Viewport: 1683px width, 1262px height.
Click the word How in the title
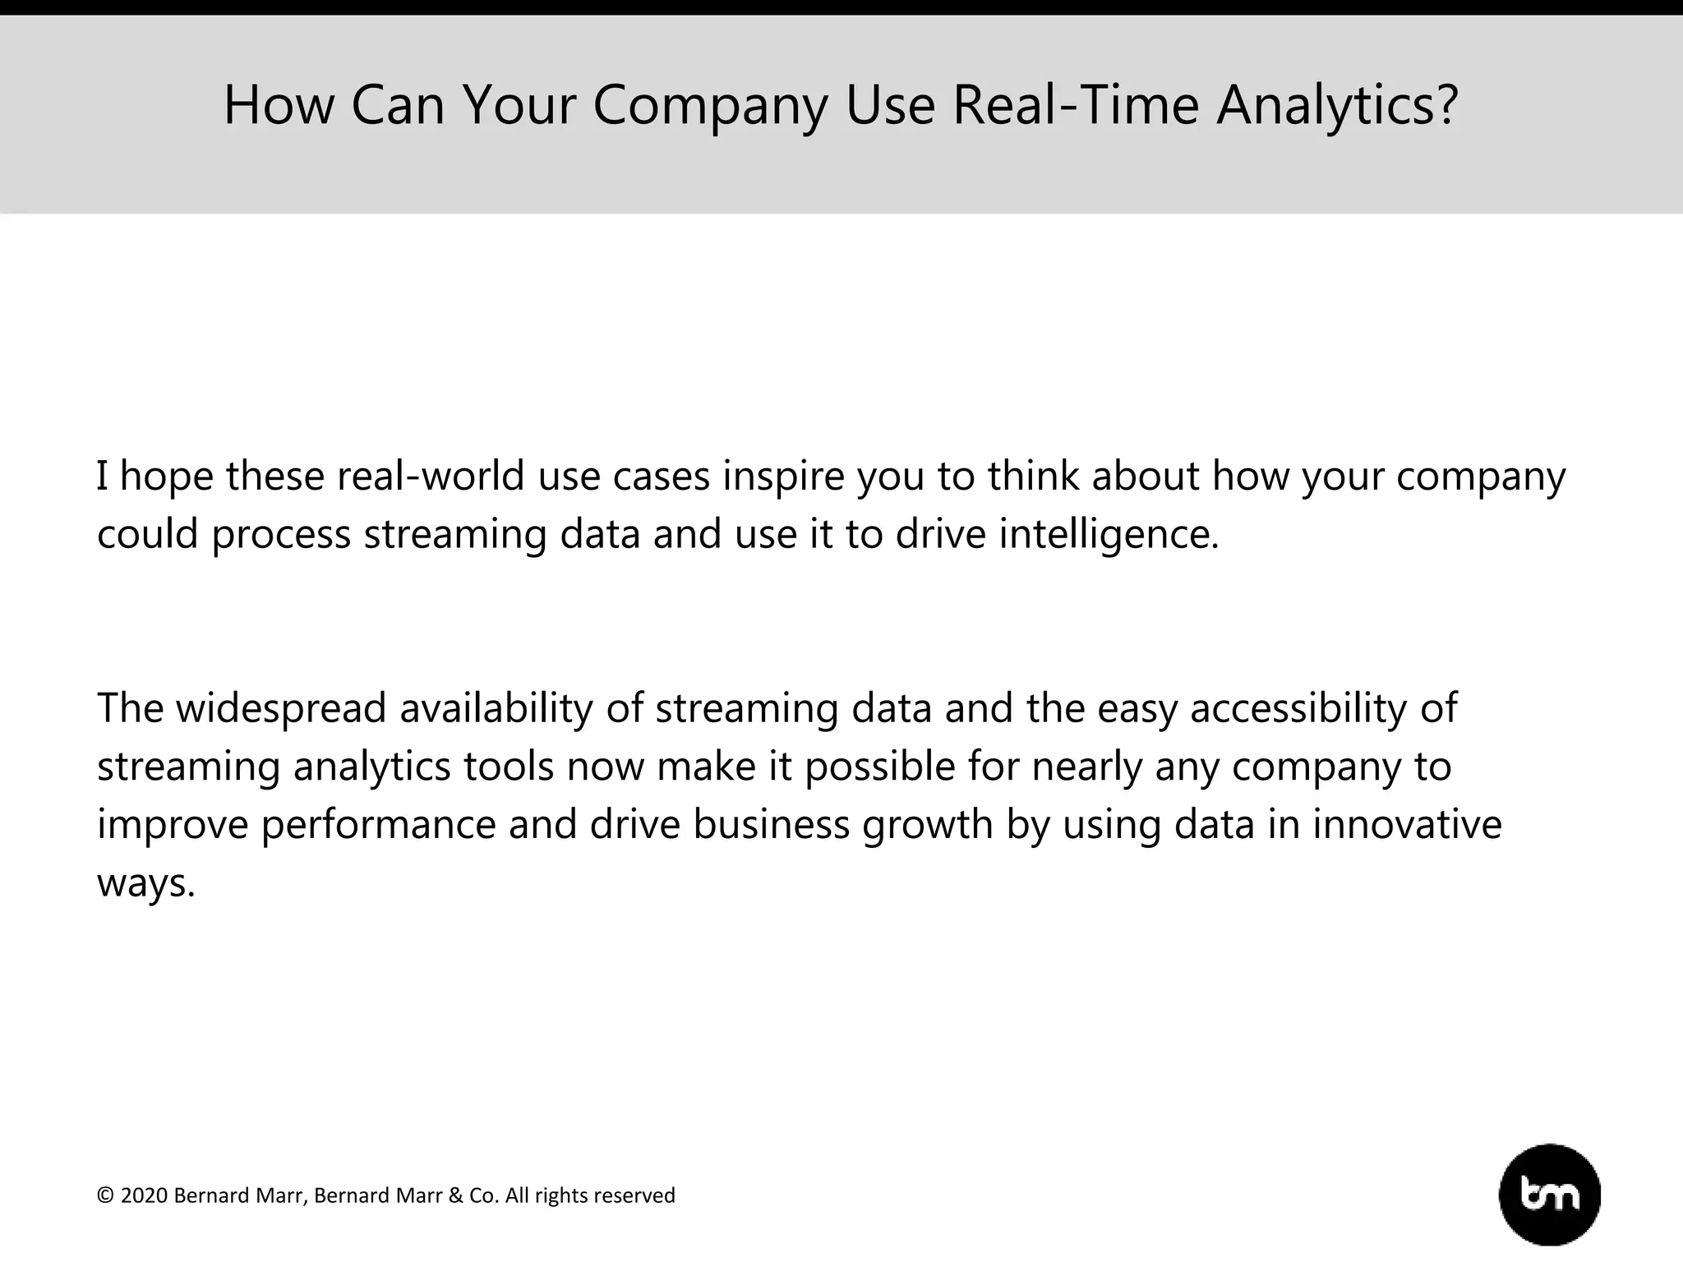(x=279, y=105)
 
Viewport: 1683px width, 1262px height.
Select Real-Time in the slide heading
(x=1077, y=105)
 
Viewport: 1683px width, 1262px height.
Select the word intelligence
(x=1109, y=535)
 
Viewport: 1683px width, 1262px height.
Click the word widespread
(x=281, y=708)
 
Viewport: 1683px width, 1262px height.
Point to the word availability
(x=496, y=708)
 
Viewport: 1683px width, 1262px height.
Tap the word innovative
(x=1406, y=825)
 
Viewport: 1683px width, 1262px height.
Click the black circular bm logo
(x=1550, y=1195)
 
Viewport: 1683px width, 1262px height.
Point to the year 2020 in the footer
(x=144, y=1195)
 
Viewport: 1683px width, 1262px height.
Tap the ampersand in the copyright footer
(x=455, y=1195)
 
